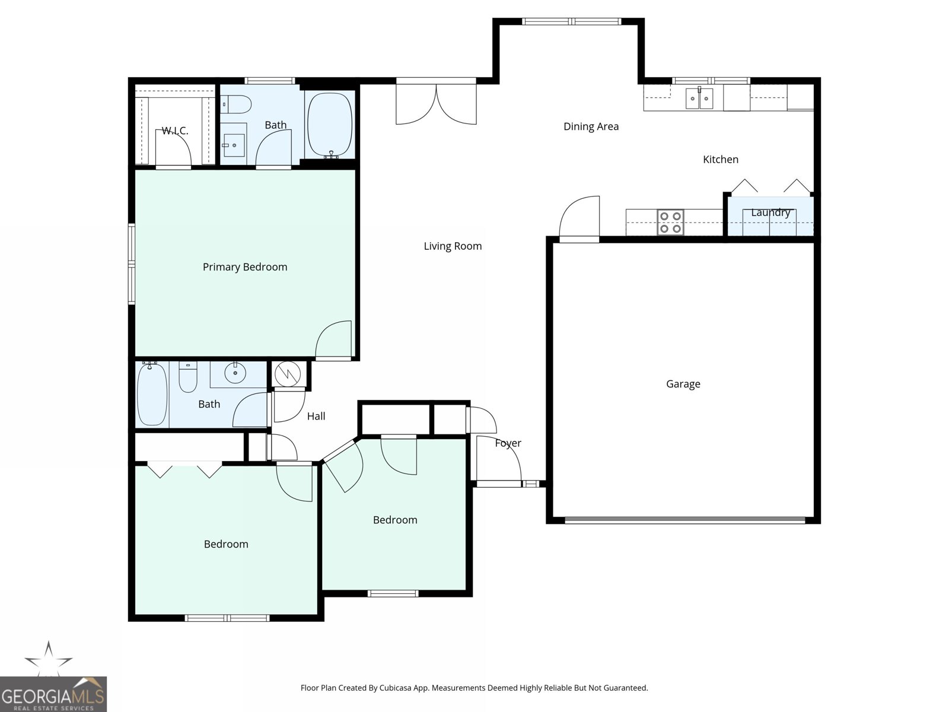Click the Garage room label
(x=683, y=384)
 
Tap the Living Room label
(x=452, y=246)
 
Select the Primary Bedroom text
(x=245, y=267)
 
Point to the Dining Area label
(x=591, y=126)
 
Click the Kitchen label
(x=720, y=159)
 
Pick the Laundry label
(x=770, y=212)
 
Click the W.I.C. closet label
(x=174, y=131)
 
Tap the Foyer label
(x=508, y=443)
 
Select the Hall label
(x=316, y=417)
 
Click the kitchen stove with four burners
(x=671, y=222)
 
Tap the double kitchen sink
(x=699, y=98)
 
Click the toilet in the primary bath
(x=235, y=104)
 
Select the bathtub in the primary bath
(x=329, y=125)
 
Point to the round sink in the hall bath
(x=235, y=373)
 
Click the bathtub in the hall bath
(x=152, y=394)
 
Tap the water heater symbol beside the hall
(x=287, y=374)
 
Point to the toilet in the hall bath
(x=187, y=377)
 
